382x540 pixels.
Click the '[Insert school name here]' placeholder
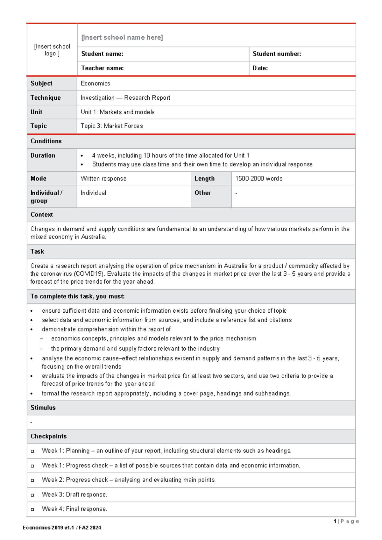coord(122,38)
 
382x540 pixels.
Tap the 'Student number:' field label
coord(277,54)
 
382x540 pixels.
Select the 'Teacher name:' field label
coord(103,68)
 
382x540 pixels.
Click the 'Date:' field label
coord(260,68)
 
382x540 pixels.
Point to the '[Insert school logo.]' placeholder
coord(52,50)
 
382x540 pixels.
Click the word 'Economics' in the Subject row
coord(95,83)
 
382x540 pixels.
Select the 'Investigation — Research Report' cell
coord(125,98)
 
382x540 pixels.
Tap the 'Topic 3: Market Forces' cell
coord(112,126)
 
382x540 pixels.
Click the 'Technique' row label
coord(46,98)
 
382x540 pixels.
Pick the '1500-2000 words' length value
coord(259,179)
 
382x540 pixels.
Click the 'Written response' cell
coord(103,179)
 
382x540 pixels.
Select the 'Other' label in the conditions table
coord(202,193)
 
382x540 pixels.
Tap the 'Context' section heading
coord(42,215)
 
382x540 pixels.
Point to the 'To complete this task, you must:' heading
coord(77,296)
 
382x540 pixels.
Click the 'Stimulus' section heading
coord(43,408)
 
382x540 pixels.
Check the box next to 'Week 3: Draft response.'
coord(32,495)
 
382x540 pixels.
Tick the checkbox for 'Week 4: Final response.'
coord(32,509)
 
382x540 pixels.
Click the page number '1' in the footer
coord(335,521)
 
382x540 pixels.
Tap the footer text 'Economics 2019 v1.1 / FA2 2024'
coord(62,528)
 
